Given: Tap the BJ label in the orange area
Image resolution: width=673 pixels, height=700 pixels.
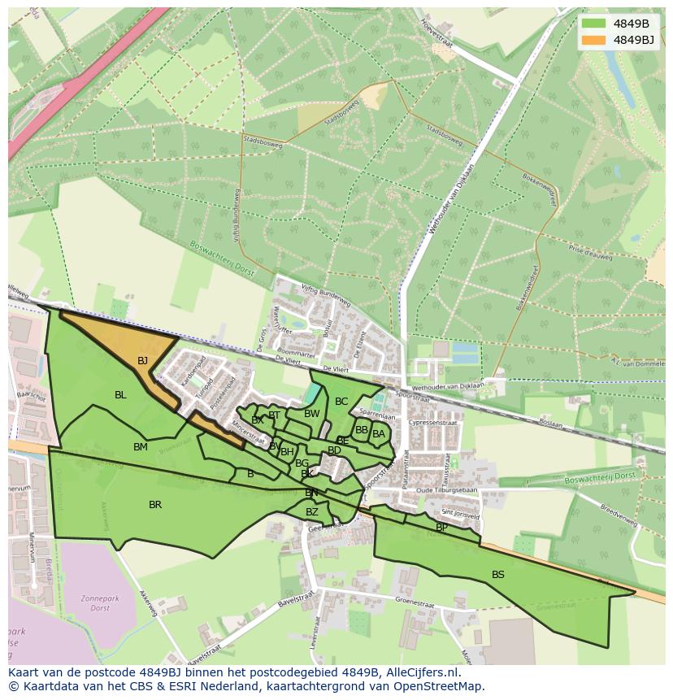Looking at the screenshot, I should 142,361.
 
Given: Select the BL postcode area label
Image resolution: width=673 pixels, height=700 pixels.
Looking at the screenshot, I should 120,395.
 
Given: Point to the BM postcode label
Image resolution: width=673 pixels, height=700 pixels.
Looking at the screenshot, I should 141,447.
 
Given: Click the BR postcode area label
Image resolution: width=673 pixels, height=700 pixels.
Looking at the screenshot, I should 155,505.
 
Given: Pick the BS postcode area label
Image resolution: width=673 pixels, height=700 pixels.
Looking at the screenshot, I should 498,575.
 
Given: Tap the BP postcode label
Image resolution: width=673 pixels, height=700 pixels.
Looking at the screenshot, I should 441,528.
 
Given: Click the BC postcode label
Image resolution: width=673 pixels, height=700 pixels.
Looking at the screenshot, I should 341,402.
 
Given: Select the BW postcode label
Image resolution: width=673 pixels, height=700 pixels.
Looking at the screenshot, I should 311,414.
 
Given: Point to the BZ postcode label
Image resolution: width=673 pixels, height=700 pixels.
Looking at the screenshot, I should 312,512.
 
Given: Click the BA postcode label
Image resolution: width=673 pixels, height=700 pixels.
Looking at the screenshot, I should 379,434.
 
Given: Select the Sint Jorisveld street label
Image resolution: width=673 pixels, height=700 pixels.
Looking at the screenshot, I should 460,514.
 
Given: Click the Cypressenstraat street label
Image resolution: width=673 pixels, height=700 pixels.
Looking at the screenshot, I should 433,424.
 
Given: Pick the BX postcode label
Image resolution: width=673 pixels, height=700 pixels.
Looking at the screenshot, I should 257,421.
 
